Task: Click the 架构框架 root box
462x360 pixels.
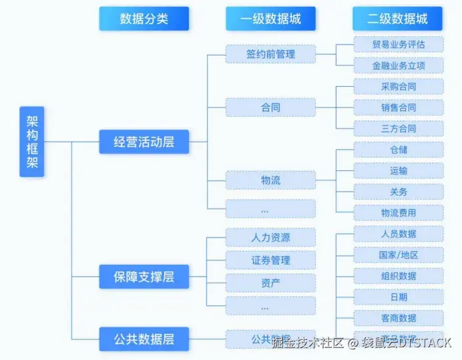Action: coord(31,141)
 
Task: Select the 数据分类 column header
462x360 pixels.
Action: coord(144,19)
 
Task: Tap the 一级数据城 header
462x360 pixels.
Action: coord(270,19)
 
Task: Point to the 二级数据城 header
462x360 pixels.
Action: coord(397,19)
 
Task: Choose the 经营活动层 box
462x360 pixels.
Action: coord(144,142)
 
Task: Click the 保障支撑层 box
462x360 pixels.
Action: coord(144,276)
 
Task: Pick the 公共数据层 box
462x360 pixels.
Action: coord(144,339)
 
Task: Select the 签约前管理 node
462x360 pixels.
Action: coord(270,53)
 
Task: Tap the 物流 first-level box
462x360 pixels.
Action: coord(270,180)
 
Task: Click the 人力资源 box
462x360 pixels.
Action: coord(270,237)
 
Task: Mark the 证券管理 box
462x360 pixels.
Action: coord(270,260)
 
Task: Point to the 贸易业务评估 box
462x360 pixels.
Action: coord(398,45)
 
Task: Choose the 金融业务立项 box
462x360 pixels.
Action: coord(398,65)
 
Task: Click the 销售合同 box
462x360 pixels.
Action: coord(398,108)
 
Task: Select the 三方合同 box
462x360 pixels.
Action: coord(398,128)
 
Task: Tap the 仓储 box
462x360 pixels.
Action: coord(398,150)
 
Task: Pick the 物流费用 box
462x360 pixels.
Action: coord(398,212)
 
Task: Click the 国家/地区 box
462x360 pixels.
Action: coord(398,254)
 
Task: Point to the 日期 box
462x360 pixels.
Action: coord(398,297)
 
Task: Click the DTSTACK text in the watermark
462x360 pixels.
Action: coord(425,343)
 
